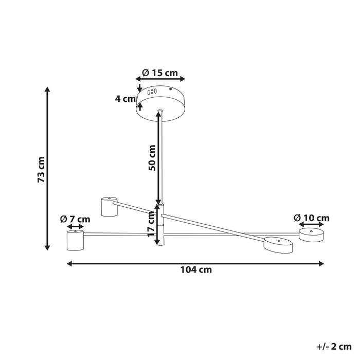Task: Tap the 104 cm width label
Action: [x=196, y=269]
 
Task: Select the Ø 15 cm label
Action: [x=161, y=73]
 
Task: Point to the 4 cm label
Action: [x=125, y=99]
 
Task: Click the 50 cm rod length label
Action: [x=152, y=158]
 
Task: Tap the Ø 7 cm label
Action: [x=75, y=219]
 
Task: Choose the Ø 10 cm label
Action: [x=312, y=218]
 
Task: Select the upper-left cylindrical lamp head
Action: [x=109, y=206]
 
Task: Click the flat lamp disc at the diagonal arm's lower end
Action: [x=278, y=244]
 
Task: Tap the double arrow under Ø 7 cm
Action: [x=75, y=226]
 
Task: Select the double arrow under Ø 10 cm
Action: [x=312, y=225]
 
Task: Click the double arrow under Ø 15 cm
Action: [x=160, y=79]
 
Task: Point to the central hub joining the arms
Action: [x=161, y=224]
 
